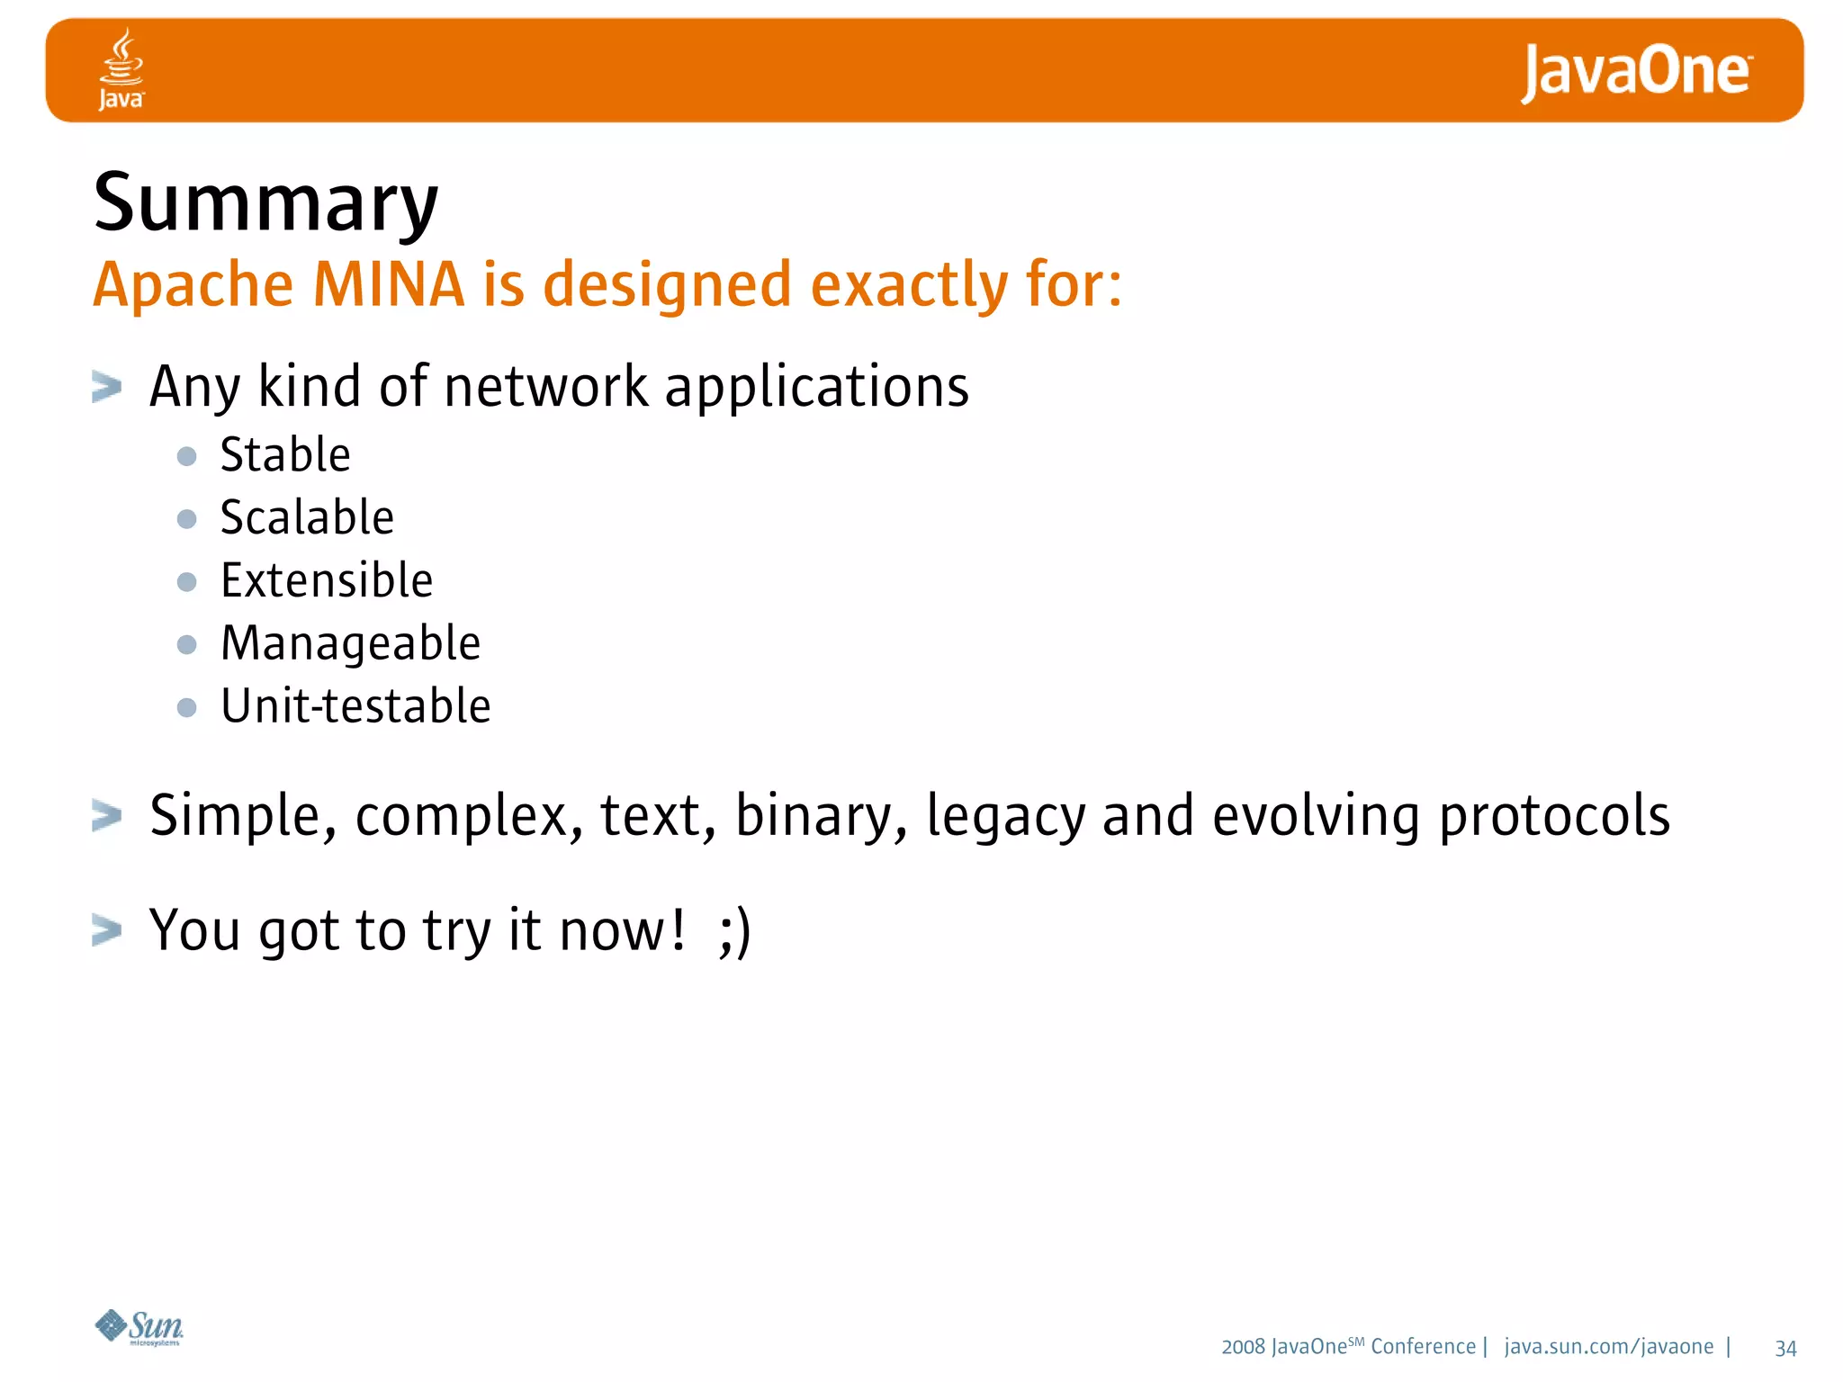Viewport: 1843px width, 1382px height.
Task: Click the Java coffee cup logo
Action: pyautogui.click(x=121, y=68)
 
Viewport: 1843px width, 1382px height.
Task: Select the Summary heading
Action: pyautogui.click(x=265, y=203)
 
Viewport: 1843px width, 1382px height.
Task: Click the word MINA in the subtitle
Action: pyautogui.click(x=388, y=284)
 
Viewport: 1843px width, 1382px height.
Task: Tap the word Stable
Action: pyautogui.click(x=285, y=454)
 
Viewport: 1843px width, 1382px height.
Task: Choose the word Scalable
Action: pyautogui.click(x=307, y=517)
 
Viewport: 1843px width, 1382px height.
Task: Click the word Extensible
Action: pyautogui.click(x=327, y=580)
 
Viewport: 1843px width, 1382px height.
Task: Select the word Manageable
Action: pyautogui.click(x=351, y=644)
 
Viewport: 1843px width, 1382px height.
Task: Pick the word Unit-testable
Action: pyautogui.click(x=355, y=706)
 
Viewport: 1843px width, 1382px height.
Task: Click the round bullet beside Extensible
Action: pyautogui.click(x=187, y=582)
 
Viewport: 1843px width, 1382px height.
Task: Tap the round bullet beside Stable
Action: pyautogui.click(x=187, y=456)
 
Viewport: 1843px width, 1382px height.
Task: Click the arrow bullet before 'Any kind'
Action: pyautogui.click(x=106, y=388)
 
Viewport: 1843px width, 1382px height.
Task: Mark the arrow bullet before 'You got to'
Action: pyautogui.click(x=106, y=930)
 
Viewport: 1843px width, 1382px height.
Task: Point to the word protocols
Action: pyautogui.click(x=1554, y=817)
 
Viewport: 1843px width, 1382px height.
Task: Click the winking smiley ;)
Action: pyautogui.click(x=734, y=931)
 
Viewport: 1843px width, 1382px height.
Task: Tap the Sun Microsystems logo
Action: pyautogui.click(x=139, y=1327)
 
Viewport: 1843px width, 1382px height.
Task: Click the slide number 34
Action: pyautogui.click(x=1785, y=1348)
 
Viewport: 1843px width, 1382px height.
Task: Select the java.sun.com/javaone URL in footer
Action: pyautogui.click(x=1608, y=1347)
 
